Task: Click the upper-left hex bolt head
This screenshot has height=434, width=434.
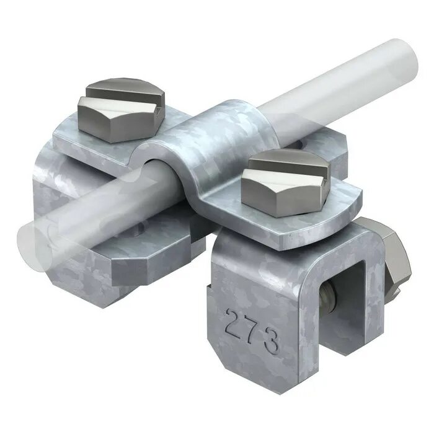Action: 122,110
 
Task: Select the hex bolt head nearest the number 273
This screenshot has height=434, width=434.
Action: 286,183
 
